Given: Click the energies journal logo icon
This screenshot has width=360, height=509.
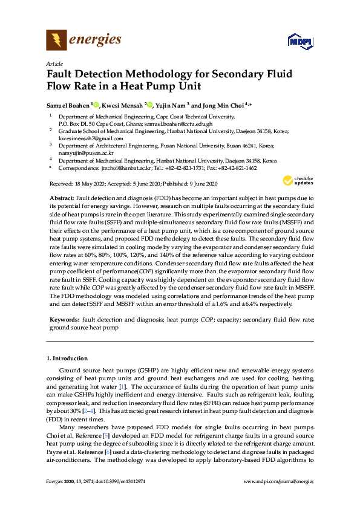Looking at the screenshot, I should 56,41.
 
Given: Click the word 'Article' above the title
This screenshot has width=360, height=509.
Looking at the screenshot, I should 54,63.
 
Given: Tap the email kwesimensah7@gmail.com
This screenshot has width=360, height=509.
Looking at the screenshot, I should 84,138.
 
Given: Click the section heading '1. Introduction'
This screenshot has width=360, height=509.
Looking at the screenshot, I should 67,358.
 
